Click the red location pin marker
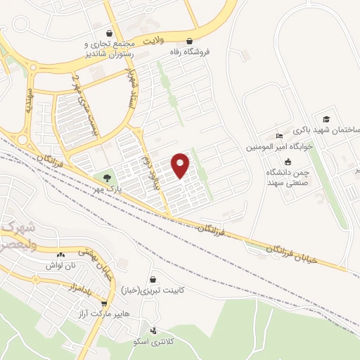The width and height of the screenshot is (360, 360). coord(181,165)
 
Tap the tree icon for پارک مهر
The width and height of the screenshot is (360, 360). coord(107,177)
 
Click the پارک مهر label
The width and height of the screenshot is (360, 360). coord(110,189)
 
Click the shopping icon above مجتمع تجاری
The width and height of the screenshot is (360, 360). coord(108,32)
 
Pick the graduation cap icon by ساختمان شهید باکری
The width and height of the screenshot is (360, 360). coord(326,120)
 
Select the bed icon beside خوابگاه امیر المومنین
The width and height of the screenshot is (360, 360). coord(279,136)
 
